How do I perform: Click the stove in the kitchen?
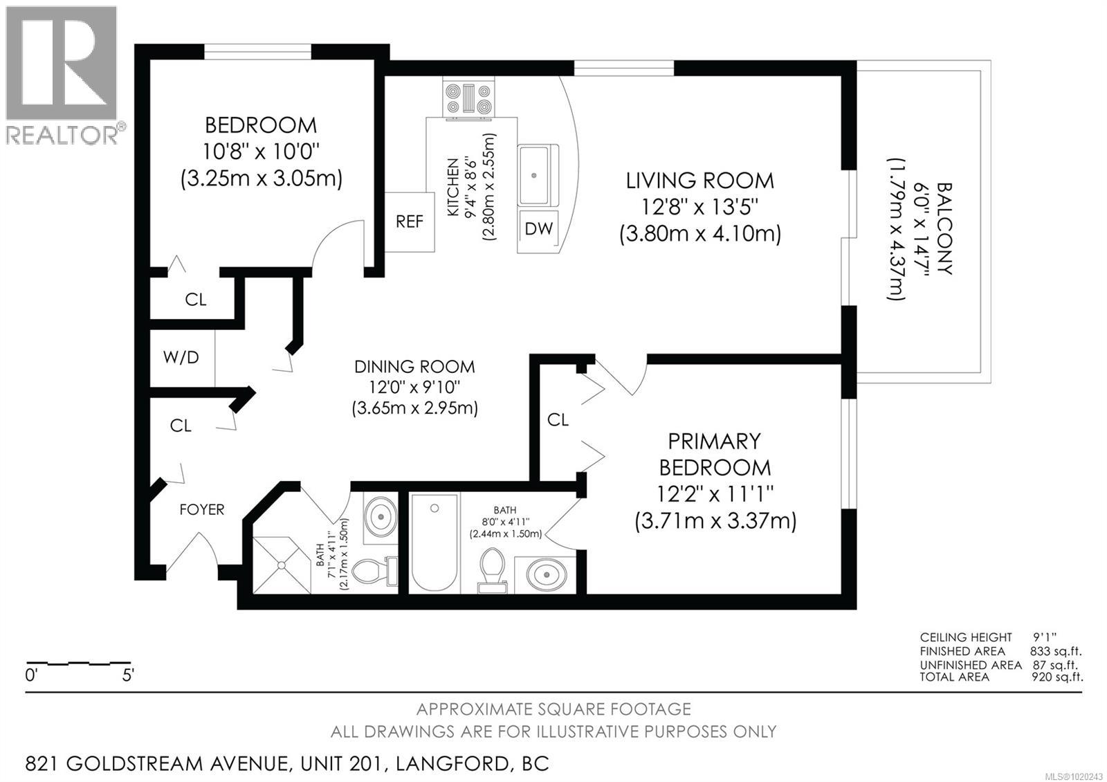coord(468,98)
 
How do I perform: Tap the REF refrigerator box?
coord(410,222)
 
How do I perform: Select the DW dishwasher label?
coord(539,228)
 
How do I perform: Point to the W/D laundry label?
coord(181,357)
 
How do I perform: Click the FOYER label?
coord(202,510)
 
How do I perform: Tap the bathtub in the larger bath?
coord(434,543)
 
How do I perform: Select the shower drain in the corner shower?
coord(282,565)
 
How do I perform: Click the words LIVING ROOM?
coord(699,181)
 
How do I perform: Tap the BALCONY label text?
coord(944,228)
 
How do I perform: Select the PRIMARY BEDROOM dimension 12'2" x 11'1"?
coord(715,494)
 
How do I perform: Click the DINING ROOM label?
coord(414,367)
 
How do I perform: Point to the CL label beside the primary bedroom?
coord(558,420)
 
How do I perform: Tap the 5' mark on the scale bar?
coord(128,675)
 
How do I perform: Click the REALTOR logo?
coord(62,73)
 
